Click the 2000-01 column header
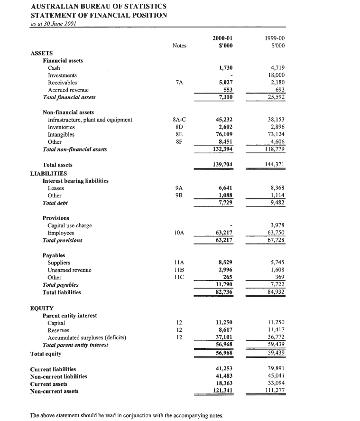222,38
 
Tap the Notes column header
179,46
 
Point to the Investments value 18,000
279,75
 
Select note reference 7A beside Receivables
179,83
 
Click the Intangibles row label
61,134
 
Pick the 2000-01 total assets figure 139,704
224,165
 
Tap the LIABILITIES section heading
49,173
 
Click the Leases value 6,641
225,188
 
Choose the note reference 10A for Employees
179,233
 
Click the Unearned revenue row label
69,270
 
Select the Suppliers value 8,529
225,262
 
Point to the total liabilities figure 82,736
224,292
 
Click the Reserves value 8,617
225,330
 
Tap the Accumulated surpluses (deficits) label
87,337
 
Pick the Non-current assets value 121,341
222,391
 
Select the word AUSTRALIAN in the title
54,6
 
